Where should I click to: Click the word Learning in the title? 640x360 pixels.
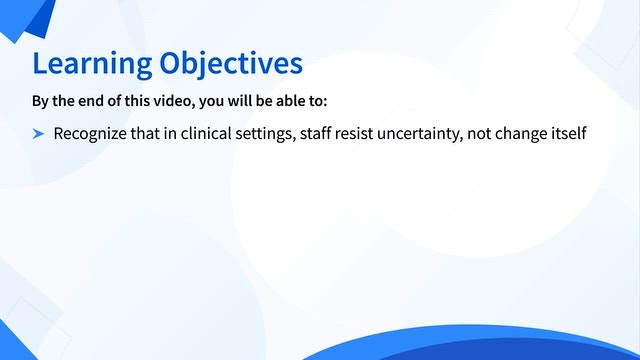[x=92, y=64]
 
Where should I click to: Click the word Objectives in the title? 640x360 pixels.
[x=231, y=64]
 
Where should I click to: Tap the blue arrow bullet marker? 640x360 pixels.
[x=38, y=133]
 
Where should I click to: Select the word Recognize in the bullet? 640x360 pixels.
[x=90, y=134]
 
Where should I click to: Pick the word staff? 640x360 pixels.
[x=316, y=133]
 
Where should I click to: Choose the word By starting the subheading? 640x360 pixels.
[x=40, y=101]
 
